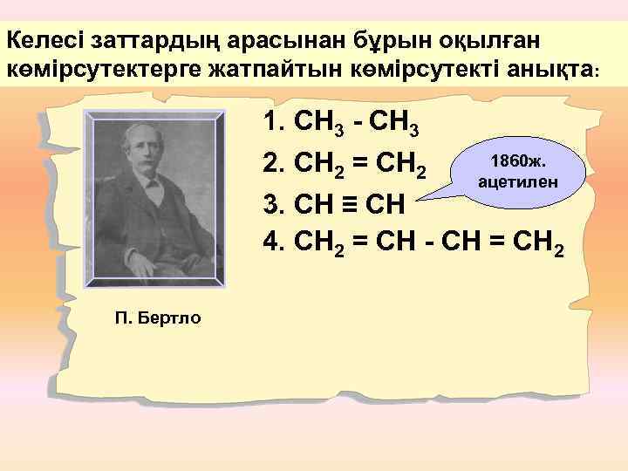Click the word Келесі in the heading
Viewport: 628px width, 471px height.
(40, 40)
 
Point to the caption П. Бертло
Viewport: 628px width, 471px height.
(157, 317)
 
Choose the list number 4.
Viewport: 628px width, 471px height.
(273, 247)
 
